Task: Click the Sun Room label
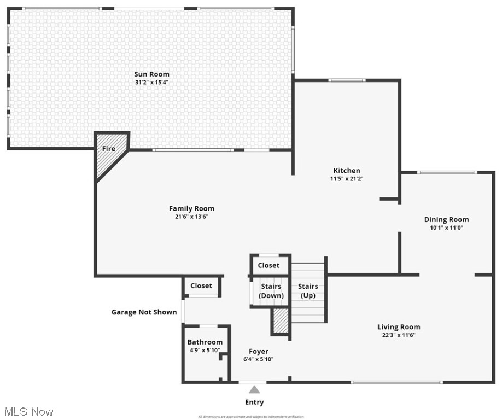[151, 74]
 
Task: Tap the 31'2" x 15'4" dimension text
[151, 83]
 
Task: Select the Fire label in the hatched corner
[109, 149]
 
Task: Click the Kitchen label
[347, 171]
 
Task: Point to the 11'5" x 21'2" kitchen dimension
[347, 179]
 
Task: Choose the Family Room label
[191, 208]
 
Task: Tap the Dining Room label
[446, 220]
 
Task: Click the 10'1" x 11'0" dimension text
[446, 228]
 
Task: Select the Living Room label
[399, 327]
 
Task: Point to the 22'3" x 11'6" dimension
[399, 335]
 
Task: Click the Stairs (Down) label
[271, 291]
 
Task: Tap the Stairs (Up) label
[308, 291]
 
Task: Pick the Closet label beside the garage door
[201, 285]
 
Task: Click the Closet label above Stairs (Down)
[268, 265]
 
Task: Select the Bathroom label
[205, 342]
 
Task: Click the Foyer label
[259, 351]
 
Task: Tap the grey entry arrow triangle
[254, 389]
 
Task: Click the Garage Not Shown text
[144, 312]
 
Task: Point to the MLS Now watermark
[28, 411]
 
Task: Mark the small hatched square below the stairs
[281, 321]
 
